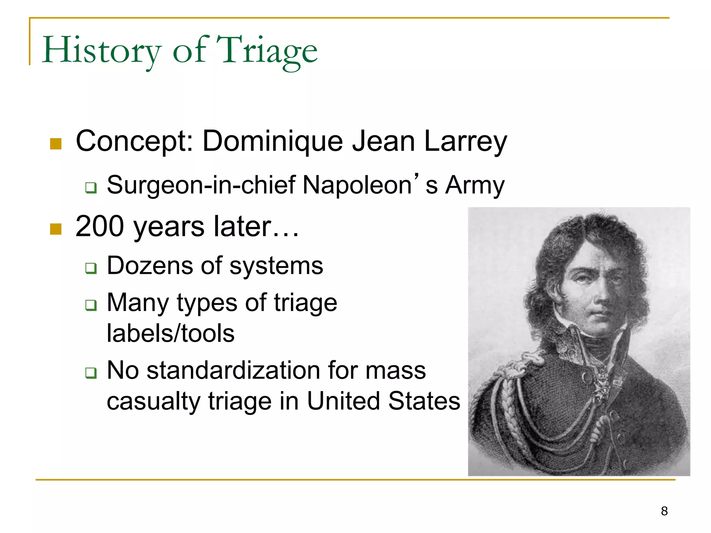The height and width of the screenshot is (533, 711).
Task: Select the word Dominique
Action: point(273,141)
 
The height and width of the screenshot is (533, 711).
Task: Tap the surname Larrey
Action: point(465,142)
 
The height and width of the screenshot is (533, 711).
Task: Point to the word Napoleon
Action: point(358,185)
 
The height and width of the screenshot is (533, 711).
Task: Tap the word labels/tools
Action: point(170,333)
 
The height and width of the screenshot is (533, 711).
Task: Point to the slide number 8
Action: point(664,511)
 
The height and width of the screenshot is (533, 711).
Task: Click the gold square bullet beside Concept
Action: point(56,144)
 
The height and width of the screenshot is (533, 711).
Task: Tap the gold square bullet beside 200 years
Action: point(56,229)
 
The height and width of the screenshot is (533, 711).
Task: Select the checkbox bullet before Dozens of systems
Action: point(91,268)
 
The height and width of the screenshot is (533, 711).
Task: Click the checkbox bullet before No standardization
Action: point(91,373)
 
